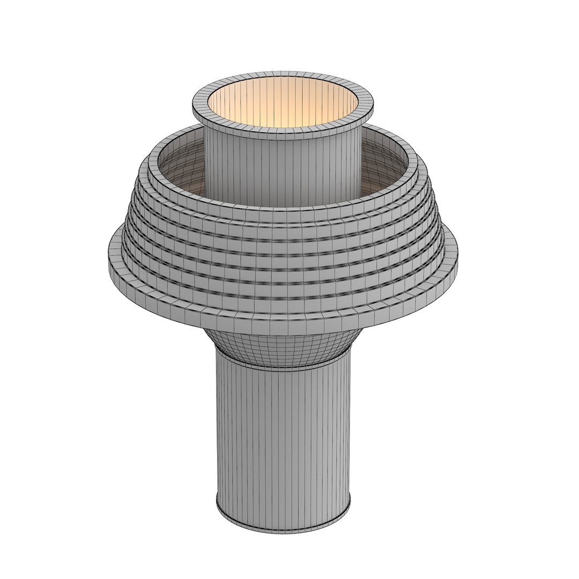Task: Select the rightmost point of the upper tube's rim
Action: (x=372, y=105)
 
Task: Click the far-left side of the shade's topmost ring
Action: (x=152, y=161)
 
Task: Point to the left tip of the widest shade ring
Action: (x=109, y=257)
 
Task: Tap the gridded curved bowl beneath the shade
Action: (x=283, y=348)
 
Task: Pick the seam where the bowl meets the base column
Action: (x=283, y=368)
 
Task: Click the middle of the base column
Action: (x=283, y=440)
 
